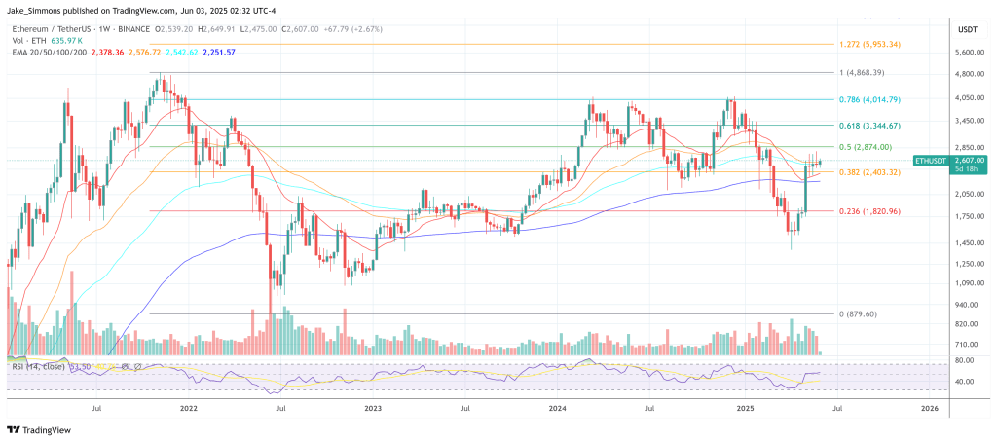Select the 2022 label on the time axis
[x=189, y=410]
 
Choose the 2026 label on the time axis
[x=929, y=410]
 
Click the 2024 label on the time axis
[x=558, y=410]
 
